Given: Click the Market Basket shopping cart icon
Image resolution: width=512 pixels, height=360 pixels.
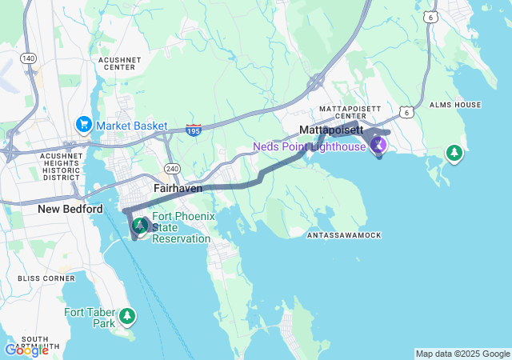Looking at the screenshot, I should pos(83,125).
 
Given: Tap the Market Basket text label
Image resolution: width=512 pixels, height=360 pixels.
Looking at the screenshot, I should pos(132,126).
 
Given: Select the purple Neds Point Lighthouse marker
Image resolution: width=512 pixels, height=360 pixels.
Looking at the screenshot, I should pos(379,145).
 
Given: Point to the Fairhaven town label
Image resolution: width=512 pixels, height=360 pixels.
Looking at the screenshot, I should pos(178,188).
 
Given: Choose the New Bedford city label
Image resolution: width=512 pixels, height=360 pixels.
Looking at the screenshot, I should pos(70,209).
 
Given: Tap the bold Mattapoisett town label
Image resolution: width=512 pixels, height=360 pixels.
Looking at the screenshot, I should pos(331,129).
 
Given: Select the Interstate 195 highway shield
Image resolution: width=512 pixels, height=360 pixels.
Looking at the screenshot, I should pos(193,128).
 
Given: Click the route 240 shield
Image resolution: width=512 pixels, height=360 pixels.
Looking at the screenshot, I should pos(172,168).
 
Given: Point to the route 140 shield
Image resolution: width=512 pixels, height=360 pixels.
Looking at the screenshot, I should pos(28,58).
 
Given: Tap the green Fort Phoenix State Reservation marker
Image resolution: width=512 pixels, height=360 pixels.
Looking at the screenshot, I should pos(139,226).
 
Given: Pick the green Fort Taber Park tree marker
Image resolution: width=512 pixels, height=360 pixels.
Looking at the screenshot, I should pos(127,318).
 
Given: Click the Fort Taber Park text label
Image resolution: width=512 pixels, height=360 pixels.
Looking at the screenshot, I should pos(90,318).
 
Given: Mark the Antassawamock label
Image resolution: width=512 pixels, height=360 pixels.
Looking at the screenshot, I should pos(344,235).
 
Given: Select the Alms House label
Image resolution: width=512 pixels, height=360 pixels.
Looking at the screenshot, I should pos(455,105).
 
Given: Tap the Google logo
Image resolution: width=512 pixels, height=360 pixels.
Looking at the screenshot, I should pos(26,350).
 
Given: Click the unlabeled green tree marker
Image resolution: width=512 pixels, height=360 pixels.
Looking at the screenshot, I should pos(454,153).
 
